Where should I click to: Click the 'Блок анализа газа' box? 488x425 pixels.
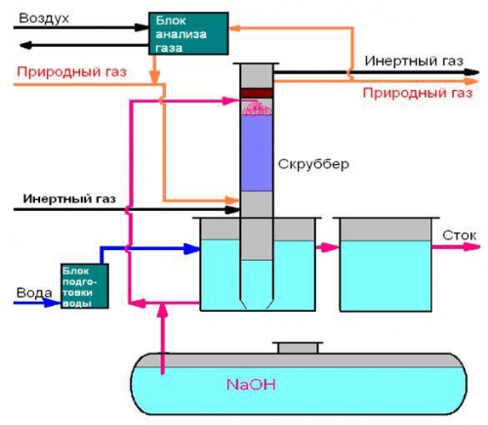click(188, 33)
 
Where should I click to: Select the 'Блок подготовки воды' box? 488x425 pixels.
click(85, 286)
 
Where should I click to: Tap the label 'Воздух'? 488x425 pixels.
click(44, 19)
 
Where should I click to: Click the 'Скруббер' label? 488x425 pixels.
click(313, 164)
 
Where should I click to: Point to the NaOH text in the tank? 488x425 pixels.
click(251, 385)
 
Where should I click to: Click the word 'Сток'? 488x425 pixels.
click(460, 235)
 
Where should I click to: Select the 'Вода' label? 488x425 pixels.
click(34, 292)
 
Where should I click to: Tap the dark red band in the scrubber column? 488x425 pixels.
click(257, 93)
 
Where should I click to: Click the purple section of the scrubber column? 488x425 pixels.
click(257, 153)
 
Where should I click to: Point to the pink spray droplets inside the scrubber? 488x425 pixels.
click(257, 107)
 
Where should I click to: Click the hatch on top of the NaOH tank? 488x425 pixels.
click(298, 348)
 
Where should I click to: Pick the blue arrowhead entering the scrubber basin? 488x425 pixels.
click(192, 249)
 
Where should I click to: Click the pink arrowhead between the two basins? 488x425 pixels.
click(331, 247)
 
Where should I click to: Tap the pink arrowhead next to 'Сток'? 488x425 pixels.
click(471, 246)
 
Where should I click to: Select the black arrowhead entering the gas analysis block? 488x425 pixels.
click(142, 27)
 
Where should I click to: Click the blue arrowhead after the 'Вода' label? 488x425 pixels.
click(52, 303)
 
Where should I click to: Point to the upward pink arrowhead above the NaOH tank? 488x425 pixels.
click(163, 312)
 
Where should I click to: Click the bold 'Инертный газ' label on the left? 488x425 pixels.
click(69, 198)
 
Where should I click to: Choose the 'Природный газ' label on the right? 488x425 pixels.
click(418, 93)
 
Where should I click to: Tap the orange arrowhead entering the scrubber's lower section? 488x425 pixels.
click(232, 199)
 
